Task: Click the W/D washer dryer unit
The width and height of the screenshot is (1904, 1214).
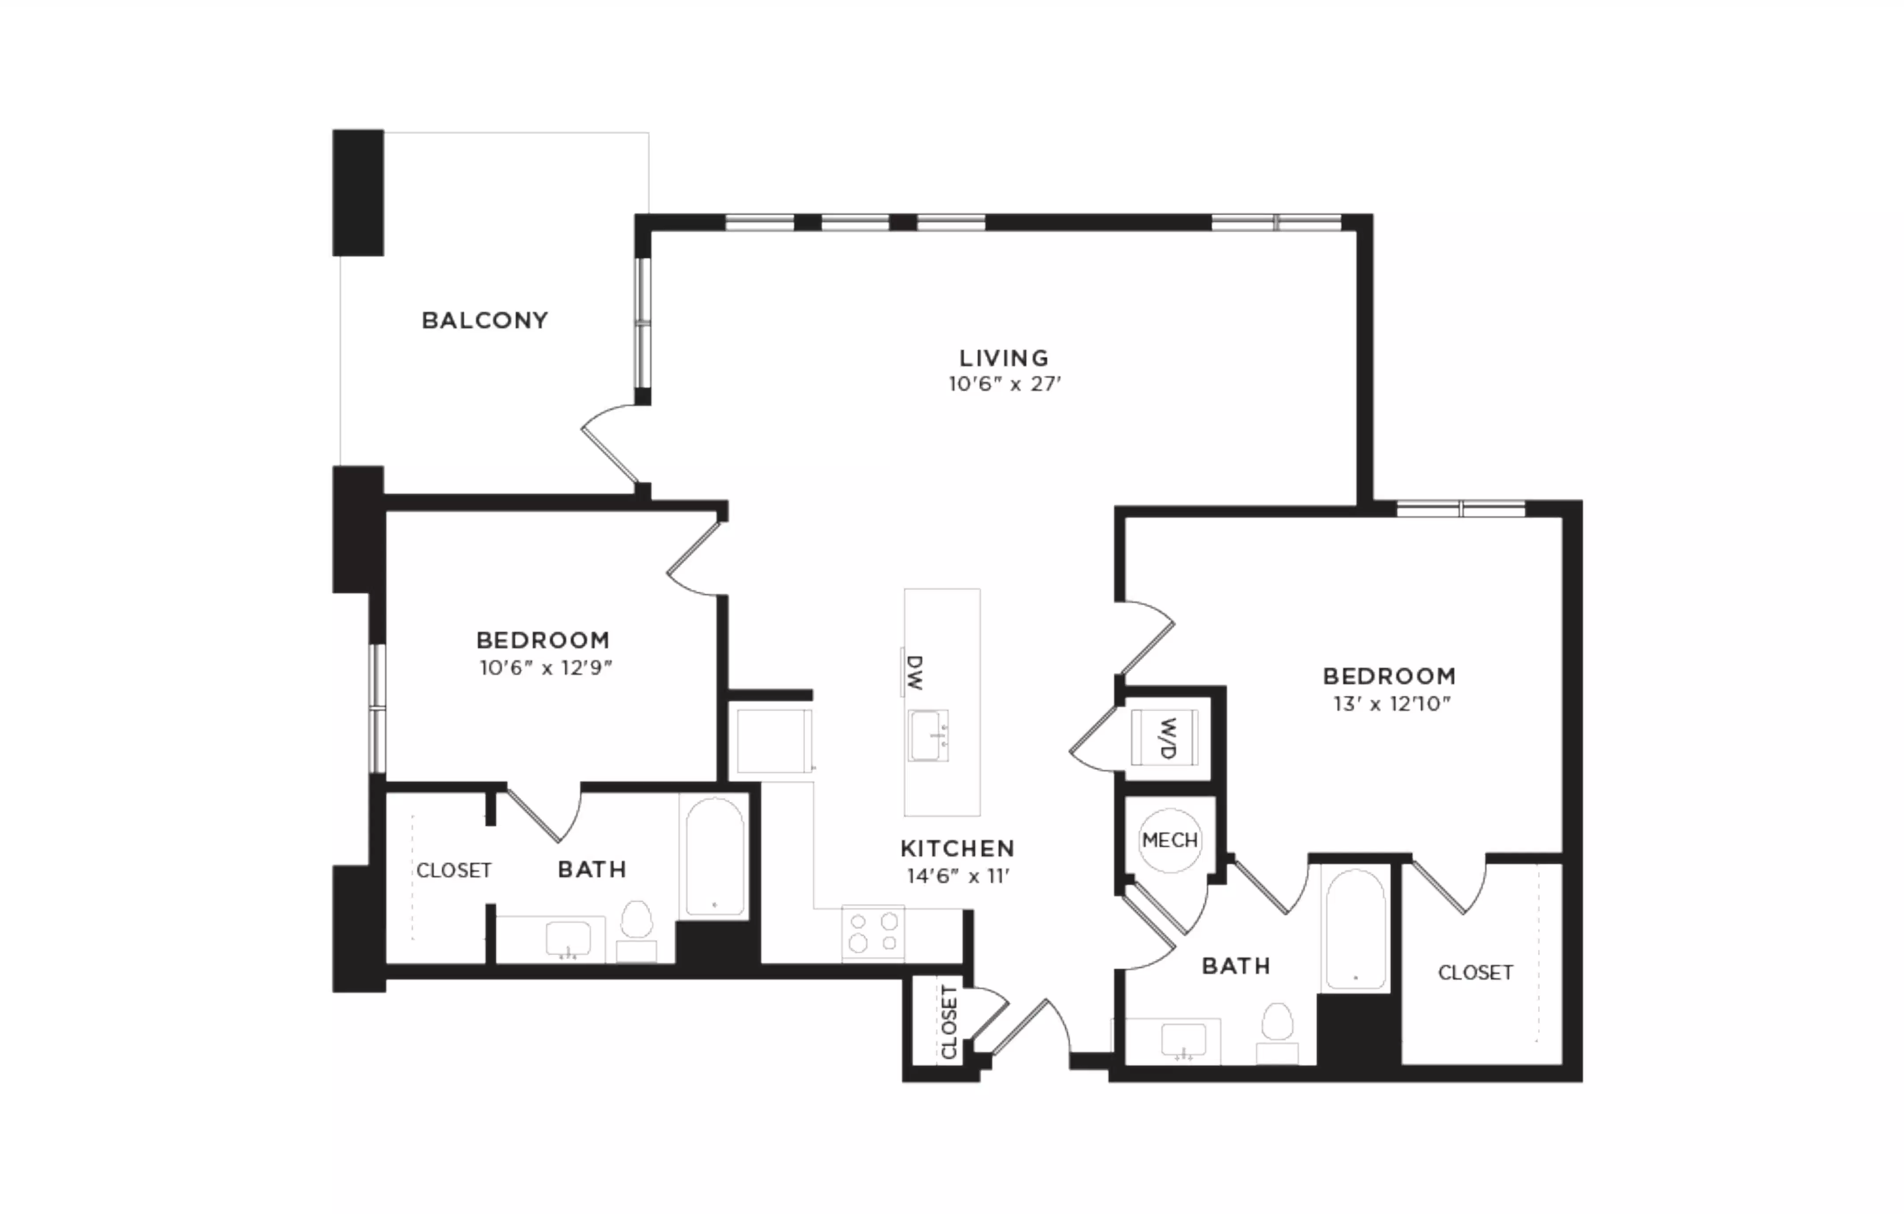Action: pos(1165,738)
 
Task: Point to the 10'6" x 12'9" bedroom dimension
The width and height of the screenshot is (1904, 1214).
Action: pos(546,668)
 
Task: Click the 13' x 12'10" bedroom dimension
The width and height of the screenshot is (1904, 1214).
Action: pos(1391,703)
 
